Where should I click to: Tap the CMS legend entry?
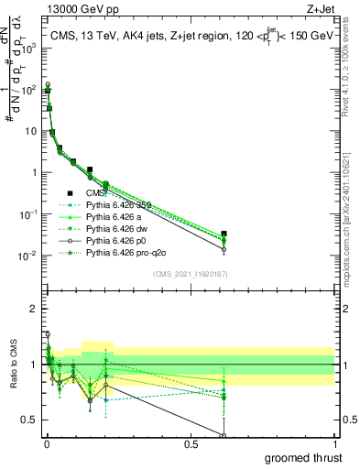coord(97,193)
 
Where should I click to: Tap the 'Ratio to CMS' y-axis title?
coord(12,364)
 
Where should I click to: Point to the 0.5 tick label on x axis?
coord(191,444)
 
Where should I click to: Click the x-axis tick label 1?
coord(333,444)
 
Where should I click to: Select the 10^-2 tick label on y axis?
coord(27,255)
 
